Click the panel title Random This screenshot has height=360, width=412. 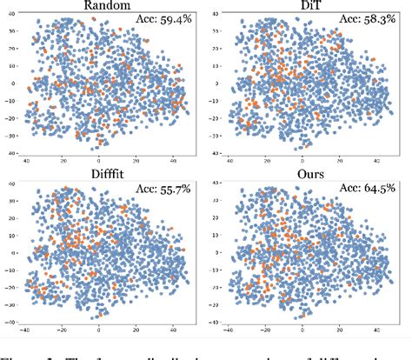pyautogui.click(x=103, y=6)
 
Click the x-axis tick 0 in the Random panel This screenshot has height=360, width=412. pyautogui.click(x=97, y=162)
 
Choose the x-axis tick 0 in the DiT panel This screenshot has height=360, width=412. pyautogui.click(x=302, y=162)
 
